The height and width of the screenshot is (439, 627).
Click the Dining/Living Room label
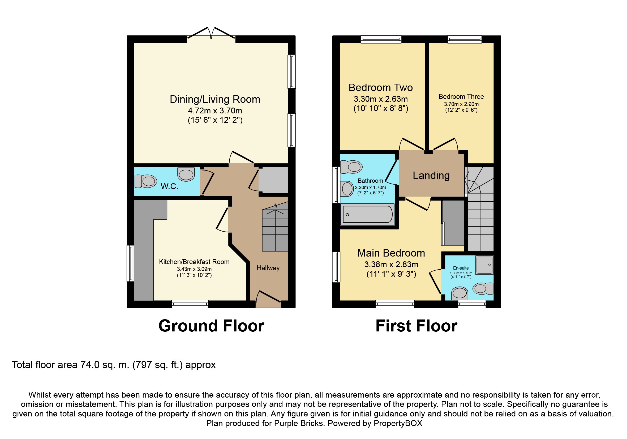[x=215, y=99]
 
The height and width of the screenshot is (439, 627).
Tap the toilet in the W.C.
[x=146, y=181]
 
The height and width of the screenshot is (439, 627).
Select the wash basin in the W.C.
[x=186, y=174]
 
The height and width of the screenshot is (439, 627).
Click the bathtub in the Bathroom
[x=367, y=214]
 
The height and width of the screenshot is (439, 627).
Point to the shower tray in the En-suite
[x=484, y=265]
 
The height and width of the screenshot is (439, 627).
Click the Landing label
[x=431, y=175]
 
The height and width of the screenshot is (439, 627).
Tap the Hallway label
[x=268, y=268]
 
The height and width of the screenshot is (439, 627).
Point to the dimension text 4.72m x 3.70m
[x=215, y=111]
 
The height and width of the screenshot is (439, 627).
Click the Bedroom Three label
[x=461, y=96]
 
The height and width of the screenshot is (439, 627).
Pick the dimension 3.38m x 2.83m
[x=391, y=265]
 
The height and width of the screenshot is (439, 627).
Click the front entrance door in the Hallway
[x=268, y=299]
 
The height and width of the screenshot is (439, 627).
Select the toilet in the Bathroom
[x=351, y=167]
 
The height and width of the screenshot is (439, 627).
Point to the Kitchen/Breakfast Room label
[x=194, y=262]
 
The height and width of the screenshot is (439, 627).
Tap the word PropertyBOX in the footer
[x=398, y=423]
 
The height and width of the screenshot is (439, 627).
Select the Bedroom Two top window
[x=381, y=39]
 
